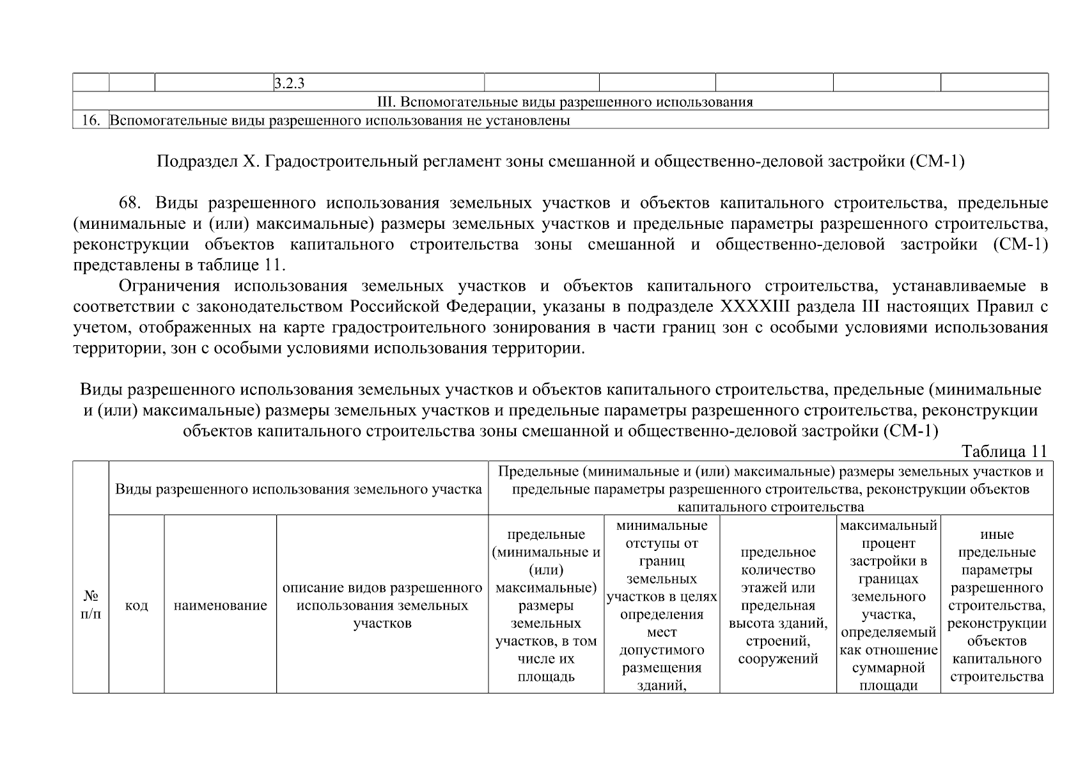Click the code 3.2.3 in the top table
point(288,83)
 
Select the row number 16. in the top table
point(91,120)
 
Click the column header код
point(136,605)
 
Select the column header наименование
point(220,605)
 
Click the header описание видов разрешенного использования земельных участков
point(382,605)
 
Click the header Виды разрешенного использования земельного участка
point(298,490)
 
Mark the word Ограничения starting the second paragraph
point(170,286)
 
